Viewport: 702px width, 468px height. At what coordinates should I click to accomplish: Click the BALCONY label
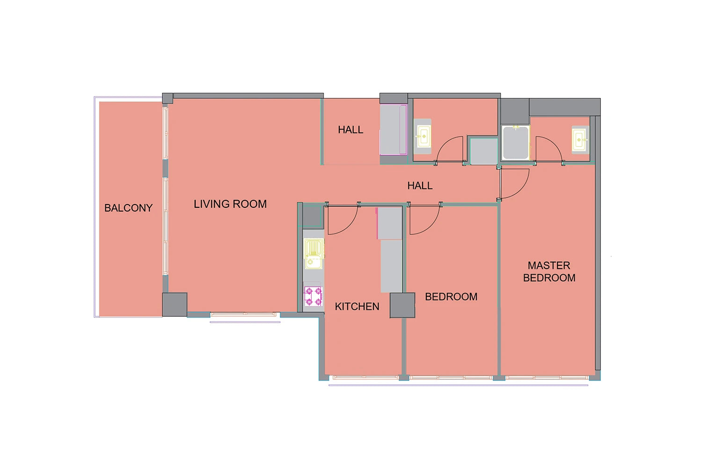(128, 208)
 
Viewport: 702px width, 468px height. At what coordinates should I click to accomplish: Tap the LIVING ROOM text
(230, 204)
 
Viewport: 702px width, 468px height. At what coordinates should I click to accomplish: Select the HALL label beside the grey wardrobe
(351, 130)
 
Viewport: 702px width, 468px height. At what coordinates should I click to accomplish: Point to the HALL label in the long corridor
(420, 186)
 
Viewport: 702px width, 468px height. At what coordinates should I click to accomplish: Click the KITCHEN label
(357, 306)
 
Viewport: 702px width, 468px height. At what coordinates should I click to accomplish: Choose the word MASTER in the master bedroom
(549, 265)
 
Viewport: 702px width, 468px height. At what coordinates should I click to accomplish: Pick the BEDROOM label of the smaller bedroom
(451, 297)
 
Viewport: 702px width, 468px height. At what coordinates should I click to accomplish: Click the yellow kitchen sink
(314, 254)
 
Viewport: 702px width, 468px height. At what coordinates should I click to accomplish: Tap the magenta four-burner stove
(313, 296)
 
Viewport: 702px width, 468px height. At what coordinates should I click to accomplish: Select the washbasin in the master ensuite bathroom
(580, 140)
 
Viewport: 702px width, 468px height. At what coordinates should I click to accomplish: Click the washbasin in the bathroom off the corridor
(423, 137)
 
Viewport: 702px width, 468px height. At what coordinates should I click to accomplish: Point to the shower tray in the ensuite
(516, 143)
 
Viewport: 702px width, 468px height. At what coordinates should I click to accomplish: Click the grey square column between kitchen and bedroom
(402, 305)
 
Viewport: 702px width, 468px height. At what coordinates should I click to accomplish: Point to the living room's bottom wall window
(243, 314)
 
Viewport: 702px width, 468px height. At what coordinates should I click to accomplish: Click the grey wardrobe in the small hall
(393, 130)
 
